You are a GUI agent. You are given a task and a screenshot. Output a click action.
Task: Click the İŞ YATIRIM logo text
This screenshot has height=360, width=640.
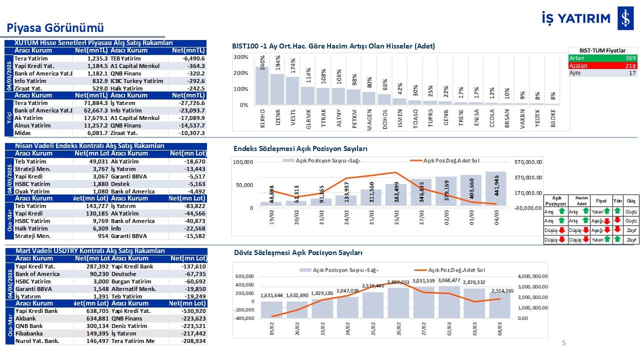575,18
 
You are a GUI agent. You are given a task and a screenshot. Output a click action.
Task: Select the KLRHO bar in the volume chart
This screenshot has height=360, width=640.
262,85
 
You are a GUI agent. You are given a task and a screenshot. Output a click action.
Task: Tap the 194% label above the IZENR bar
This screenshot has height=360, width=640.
277,64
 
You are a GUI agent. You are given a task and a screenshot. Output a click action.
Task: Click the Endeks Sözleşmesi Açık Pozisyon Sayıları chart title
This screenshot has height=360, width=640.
300,149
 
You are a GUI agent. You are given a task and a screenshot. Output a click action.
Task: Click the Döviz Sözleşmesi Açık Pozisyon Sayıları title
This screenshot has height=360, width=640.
298,253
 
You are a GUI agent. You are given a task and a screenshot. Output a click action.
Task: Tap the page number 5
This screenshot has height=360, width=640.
564,343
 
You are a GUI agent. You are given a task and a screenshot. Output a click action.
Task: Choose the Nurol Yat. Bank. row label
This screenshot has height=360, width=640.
37,341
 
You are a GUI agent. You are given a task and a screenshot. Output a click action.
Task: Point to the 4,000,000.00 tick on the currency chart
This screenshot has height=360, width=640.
534,276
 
